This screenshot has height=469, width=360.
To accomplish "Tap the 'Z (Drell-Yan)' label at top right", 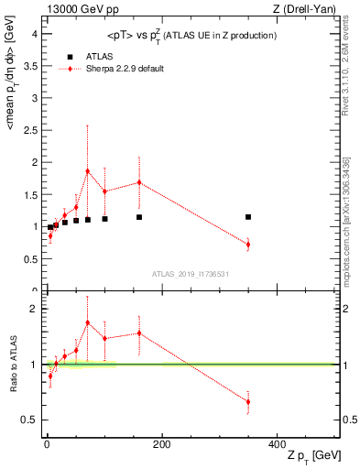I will click(310, 8).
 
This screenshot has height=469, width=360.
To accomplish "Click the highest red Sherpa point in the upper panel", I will click(88, 171).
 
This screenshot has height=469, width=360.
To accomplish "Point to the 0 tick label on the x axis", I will click(47, 444).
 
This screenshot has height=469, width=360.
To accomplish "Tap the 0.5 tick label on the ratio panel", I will click(31, 420).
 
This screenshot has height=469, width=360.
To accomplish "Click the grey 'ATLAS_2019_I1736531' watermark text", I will click(190, 274).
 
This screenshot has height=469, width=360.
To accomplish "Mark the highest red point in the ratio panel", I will click(88, 322).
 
